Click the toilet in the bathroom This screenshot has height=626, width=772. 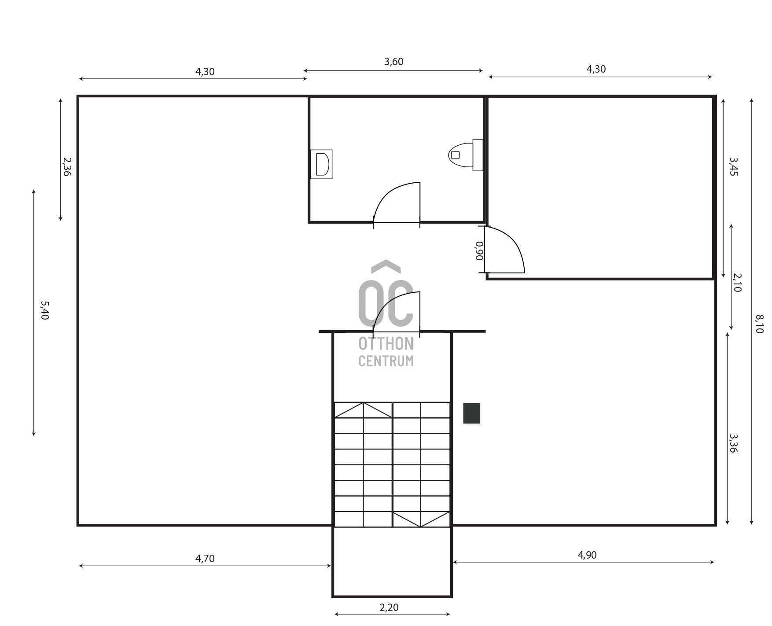point(466,155)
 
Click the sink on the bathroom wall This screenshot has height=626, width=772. point(321,164)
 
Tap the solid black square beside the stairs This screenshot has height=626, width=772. point(471,413)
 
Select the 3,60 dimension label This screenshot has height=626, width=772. point(393,62)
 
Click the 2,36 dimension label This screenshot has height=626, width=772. point(67,167)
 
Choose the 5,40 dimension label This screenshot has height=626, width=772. point(44,310)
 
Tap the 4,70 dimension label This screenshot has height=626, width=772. point(205,559)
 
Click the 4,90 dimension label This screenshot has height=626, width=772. point(587,555)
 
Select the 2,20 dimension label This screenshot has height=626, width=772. point(389,608)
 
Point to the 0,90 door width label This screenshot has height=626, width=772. point(479,251)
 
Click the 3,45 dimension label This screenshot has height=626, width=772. point(733,167)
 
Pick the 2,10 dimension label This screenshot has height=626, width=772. point(737,283)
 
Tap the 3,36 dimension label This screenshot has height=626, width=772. point(733,443)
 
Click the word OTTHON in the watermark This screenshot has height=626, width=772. point(386,344)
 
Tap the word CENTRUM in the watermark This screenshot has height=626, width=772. point(386,361)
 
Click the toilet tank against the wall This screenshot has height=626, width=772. point(478,155)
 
